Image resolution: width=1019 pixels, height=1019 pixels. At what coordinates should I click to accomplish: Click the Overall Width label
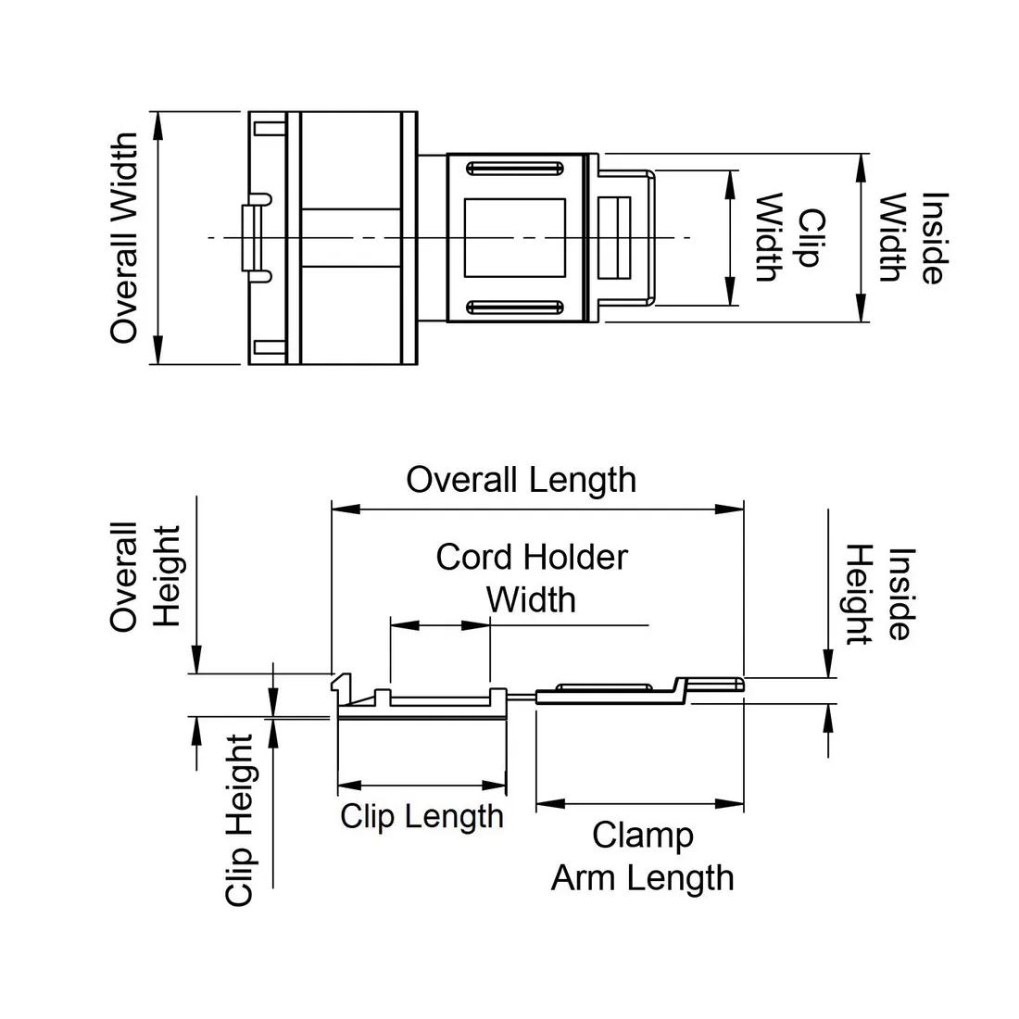(x=124, y=238)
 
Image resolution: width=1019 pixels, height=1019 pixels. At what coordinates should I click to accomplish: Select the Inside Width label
(x=912, y=237)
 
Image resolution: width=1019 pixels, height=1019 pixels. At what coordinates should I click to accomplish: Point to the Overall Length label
(x=522, y=480)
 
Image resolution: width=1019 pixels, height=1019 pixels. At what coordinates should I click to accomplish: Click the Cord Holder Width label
(x=532, y=578)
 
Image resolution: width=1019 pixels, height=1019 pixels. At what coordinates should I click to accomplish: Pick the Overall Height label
(x=145, y=576)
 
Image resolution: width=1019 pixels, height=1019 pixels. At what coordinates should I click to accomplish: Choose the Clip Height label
(x=240, y=820)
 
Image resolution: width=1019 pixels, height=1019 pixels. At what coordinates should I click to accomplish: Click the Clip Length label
(x=421, y=817)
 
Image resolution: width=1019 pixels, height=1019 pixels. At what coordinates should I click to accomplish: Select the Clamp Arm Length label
(x=643, y=856)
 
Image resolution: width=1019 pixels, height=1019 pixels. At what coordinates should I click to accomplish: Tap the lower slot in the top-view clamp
(x=515, y=307)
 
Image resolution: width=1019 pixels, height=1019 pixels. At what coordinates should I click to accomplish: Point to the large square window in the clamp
(x=515, y=237)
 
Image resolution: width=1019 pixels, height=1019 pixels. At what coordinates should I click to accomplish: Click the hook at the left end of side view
(x=343, y=686)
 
